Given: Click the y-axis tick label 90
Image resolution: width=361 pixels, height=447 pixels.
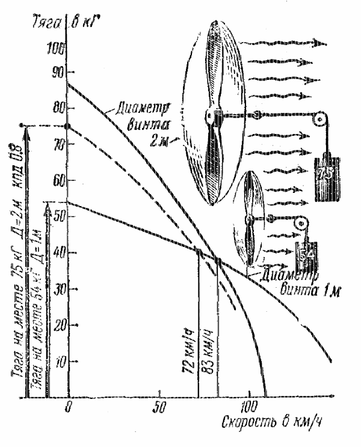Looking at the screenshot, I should coord(58,72).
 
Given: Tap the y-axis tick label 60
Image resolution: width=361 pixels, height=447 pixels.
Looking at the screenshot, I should coord(57,180).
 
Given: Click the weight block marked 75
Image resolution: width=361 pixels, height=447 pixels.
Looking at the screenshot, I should coord(327,179).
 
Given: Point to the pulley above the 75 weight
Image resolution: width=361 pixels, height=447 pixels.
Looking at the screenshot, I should coord(319,121).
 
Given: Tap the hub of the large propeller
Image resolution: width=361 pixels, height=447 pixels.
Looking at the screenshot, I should coord(212,114).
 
